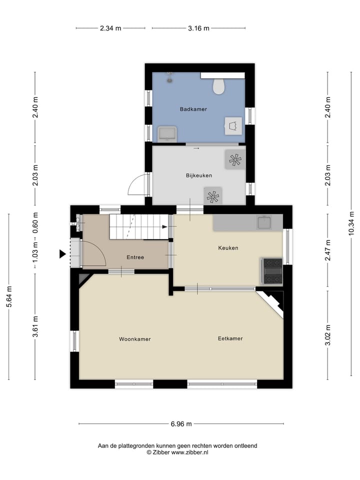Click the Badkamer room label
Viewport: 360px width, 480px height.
click(x=193, y=109)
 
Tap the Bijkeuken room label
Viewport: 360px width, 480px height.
click(x=199, y=175)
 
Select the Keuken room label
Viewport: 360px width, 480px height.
click(x=228, y=248)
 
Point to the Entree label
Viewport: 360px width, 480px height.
click(x=135, y=258)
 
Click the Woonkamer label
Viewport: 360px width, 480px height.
click(x=134, y=339)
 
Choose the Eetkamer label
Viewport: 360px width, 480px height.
click(x=230, y=338)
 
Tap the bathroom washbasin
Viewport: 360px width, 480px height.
click(x=166, y=133)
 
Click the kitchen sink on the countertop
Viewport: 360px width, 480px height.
click(x=263, y=222)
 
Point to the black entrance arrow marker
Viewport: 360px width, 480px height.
click(x=62, y=254)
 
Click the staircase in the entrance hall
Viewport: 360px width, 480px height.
click(x=138, y=227)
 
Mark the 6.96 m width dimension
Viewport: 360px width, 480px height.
click(x=181, y=424)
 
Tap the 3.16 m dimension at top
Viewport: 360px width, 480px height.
click(x=198, y=28)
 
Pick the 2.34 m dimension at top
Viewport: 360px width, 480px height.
click(x=110, y=28)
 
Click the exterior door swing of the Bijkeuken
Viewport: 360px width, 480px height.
click(x=136, y=185)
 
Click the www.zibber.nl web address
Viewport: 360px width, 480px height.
click(x=190, y=452)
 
